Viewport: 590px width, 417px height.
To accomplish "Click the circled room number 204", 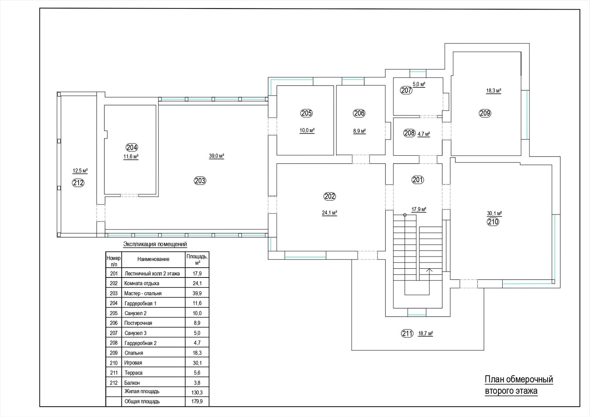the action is tap(132, 147).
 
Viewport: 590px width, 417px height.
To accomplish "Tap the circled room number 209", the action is tap(485, 113).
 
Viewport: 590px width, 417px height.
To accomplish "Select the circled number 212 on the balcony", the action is tap(78, 183).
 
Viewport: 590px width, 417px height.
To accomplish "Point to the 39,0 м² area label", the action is tap(216, 156).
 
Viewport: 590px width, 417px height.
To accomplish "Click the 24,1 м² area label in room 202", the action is tap(330, 213).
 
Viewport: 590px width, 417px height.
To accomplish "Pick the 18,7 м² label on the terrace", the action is tap(426, 334).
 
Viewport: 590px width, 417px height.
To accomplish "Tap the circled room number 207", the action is tap(406, 90).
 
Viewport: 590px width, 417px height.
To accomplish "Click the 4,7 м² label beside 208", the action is tap(424, 134).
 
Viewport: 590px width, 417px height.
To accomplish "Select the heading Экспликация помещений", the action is tap(155, 244).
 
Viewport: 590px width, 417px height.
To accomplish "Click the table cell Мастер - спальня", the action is tap(143, 293).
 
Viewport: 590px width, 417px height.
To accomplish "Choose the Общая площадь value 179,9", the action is tap(197, 402).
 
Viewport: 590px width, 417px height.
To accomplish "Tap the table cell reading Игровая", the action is tap(133, 363).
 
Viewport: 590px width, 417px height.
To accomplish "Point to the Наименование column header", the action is tap(153, 259).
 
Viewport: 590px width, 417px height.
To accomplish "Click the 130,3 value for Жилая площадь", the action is tap(197, 393).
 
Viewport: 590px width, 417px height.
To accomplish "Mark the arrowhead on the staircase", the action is tap(429, 270).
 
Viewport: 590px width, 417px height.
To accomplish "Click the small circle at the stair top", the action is tap(405, 215).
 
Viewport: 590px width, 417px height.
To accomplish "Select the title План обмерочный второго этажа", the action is tap(518, 385).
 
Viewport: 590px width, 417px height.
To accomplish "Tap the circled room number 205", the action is tap(306, 113).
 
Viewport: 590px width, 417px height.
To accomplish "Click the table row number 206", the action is tap(114, 323).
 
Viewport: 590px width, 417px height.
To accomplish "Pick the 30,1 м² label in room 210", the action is tap(494, 213).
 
